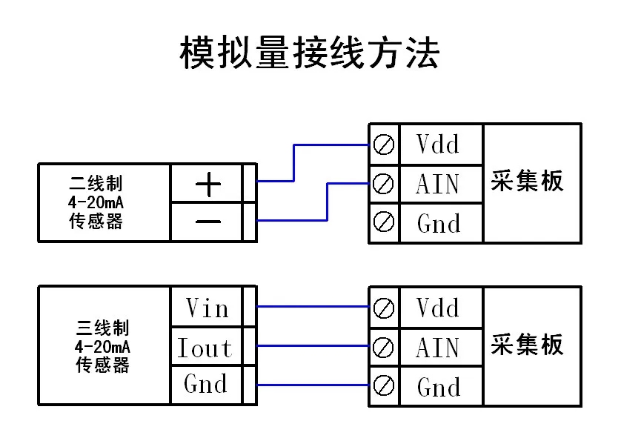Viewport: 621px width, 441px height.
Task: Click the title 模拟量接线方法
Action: [x=310, y=53]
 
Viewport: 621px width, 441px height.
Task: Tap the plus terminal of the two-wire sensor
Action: [x=208, y=185]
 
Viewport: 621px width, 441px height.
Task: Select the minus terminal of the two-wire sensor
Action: [x=208, y=221]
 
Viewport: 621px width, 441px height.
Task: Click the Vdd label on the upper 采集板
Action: [x=438, y=144]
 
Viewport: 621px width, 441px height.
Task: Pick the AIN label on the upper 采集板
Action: [x=438, y=184]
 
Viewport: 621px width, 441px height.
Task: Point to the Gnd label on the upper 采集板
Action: [x=439, y=223]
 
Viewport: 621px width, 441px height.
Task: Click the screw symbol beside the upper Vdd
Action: [x=383, y=145]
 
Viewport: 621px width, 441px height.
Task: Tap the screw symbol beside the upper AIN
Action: [x=383, y=184]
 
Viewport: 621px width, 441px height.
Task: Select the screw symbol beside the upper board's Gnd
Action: [x=383, y=222]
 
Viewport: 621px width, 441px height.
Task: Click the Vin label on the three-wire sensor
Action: [x=207, y=308]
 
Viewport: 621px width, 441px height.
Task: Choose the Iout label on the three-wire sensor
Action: [x=205, y=348]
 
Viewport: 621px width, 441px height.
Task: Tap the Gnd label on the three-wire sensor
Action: [x=205, y=383]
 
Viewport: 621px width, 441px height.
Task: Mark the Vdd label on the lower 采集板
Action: [x=438, y=308]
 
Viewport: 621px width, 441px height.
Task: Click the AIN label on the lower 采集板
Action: [x=438, y=348]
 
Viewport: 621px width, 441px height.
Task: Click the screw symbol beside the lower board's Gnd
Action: [x=383, y=385]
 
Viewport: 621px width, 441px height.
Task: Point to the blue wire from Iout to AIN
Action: [x=313, y=346]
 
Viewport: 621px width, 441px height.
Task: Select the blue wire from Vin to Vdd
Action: [x=313, y=306]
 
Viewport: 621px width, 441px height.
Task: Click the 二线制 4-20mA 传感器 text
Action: [x=96, y=202]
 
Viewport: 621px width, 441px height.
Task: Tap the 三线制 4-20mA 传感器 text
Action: [x=102, y=346]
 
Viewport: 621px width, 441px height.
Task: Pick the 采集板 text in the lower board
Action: [x=527, y=345]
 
